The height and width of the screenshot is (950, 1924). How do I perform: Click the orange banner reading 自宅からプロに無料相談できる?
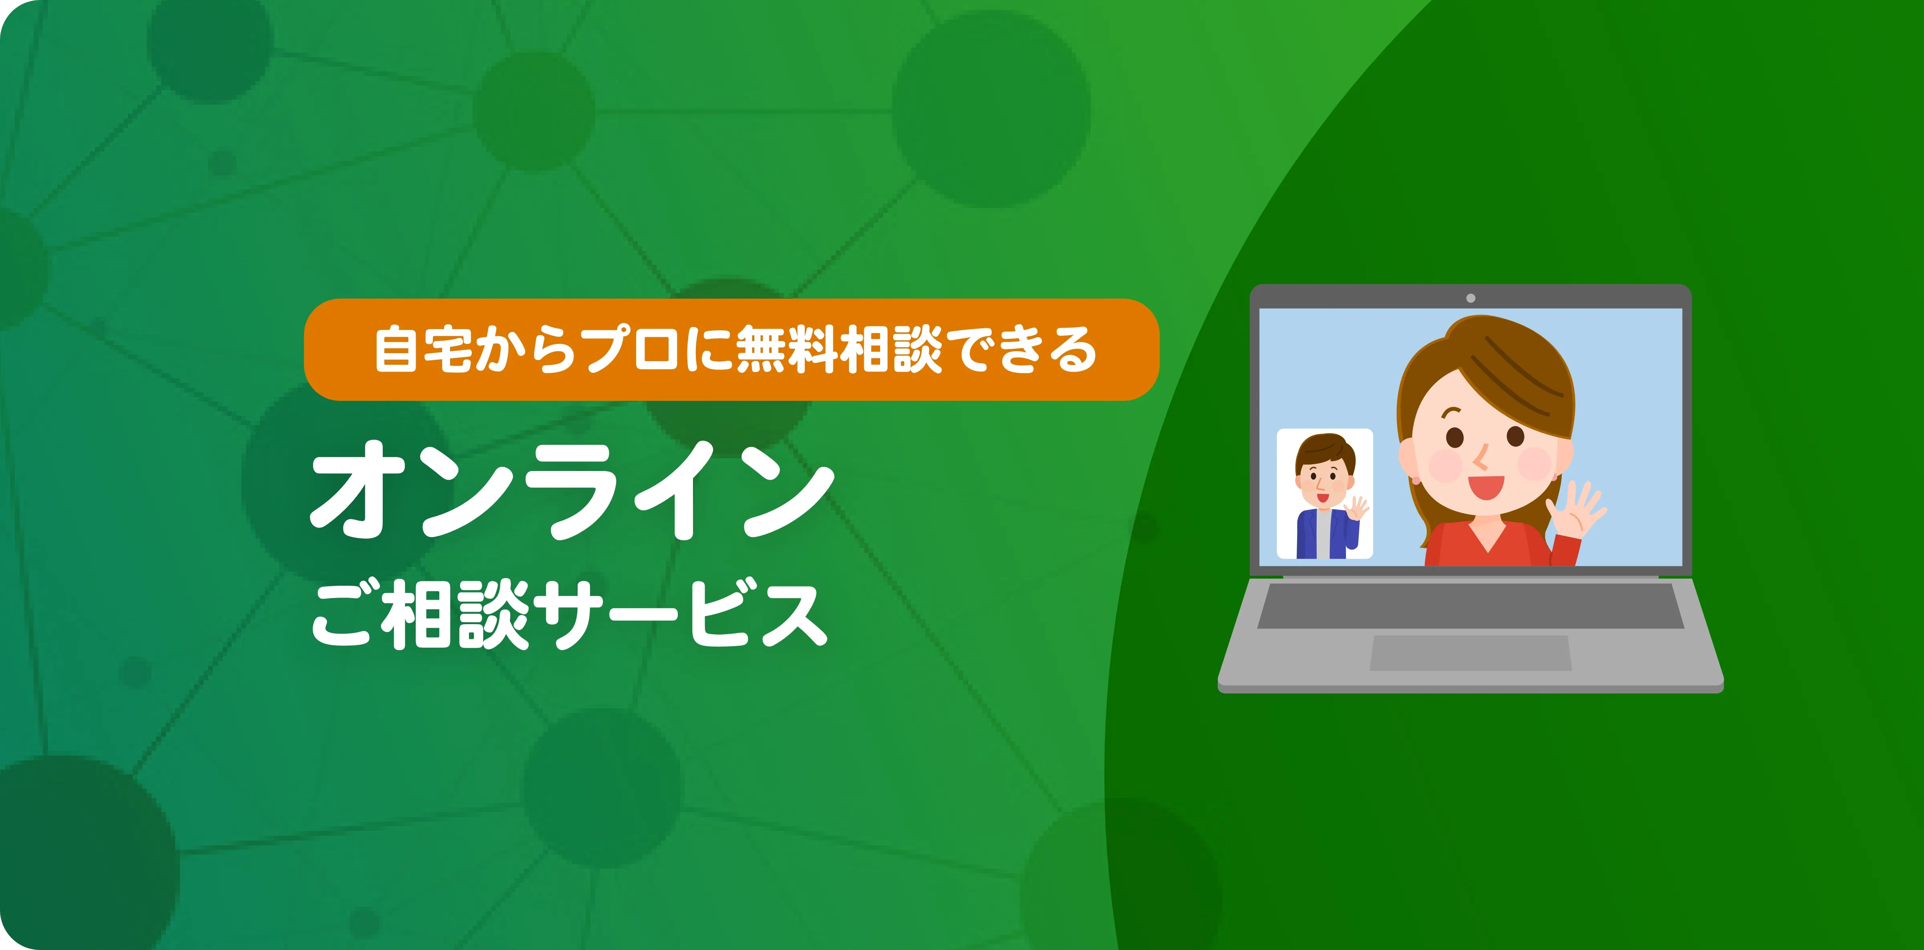(x=731, y=350)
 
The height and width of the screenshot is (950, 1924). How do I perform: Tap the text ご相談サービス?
(x=569, y=614)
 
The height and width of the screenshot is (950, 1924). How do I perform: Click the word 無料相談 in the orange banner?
(x=839, y=350)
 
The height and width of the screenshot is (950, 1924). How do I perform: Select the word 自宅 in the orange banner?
(x=423, y=350)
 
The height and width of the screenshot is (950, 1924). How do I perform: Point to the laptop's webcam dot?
(x=1471, y=298)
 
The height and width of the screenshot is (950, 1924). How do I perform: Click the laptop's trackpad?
(x=1471, y=653)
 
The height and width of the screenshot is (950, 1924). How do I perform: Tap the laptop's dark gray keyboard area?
(x=1471, y=606)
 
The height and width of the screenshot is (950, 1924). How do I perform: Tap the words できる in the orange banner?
(x=1026, y=350)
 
